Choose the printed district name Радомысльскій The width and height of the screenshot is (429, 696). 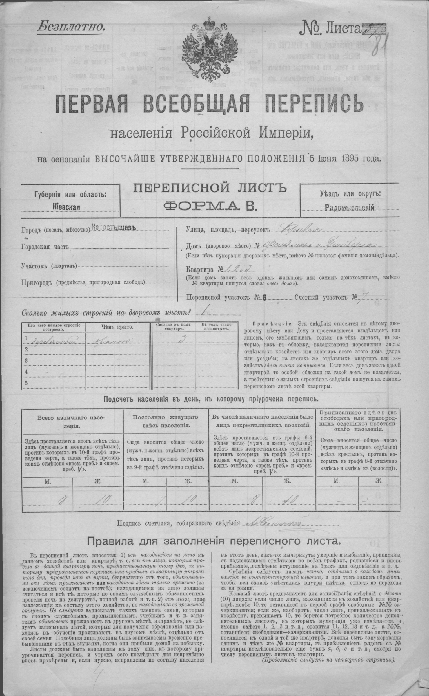coord(350,207)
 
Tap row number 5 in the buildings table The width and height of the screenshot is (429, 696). coord(26,383)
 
